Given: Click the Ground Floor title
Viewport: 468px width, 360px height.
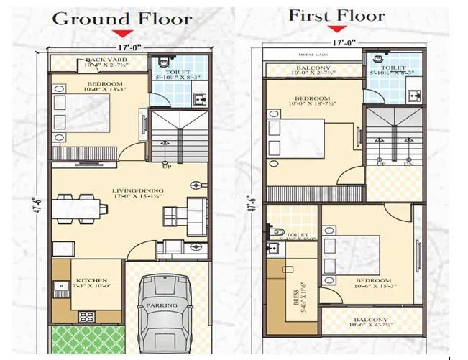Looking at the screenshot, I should [122, 18].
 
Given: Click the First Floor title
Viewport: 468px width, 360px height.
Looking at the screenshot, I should [336, 15].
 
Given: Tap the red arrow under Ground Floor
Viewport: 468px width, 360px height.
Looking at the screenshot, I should [124, 33].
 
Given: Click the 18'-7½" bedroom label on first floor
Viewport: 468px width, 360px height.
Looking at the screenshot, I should [311, 101].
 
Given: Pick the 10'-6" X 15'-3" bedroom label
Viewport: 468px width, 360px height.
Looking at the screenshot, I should [372, 283].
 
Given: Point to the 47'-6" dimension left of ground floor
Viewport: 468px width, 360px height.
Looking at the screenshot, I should [37, 194].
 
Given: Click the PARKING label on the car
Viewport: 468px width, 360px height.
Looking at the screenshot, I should [162, 305].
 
